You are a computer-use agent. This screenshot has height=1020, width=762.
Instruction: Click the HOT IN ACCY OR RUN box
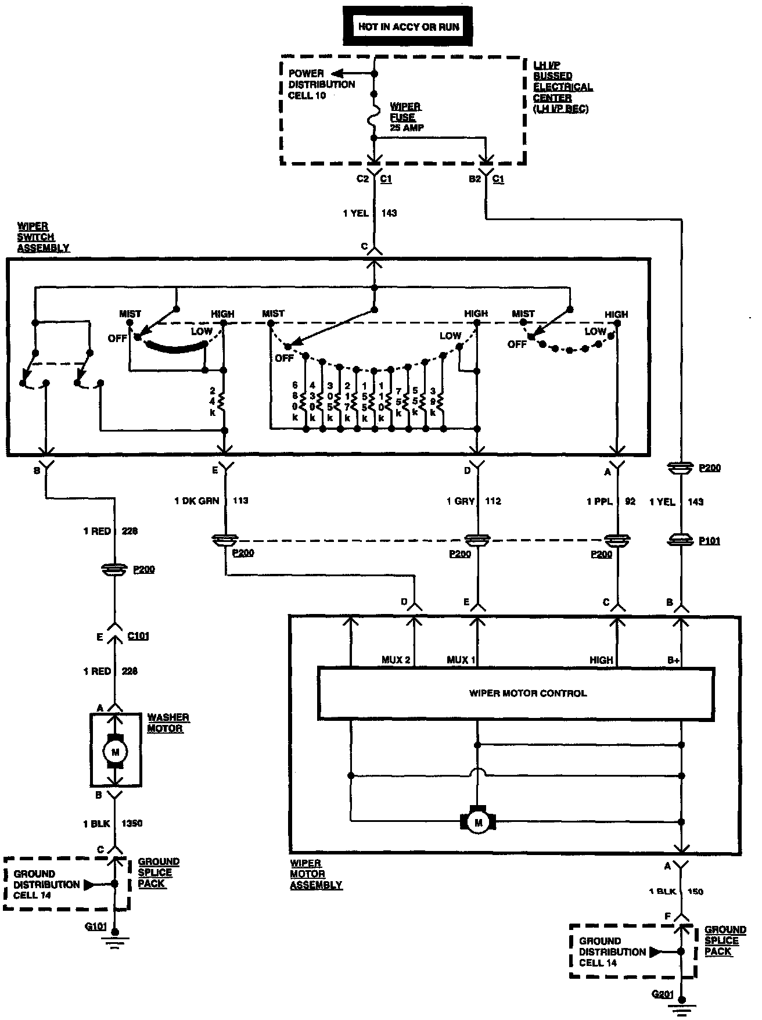pos(408,27)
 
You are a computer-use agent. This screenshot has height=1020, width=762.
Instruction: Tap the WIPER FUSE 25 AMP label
pos(405,117)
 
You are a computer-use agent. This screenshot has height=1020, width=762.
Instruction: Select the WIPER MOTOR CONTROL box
pos(527,693)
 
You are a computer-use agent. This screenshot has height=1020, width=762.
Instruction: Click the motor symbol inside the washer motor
pos(115,752)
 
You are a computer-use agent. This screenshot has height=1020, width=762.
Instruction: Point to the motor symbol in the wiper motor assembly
pos(479,822)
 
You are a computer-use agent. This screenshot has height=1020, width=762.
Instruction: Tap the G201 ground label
pos(663,994)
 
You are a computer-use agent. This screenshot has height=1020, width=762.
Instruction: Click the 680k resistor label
pos(295,401)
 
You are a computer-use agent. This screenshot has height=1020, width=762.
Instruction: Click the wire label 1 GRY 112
pos(473,501)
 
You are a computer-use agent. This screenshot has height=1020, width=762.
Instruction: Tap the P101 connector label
pos(710,541)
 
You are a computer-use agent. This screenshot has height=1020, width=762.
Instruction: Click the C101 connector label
pos(138,636)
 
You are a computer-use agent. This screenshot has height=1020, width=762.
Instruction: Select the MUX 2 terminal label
pos(396,660)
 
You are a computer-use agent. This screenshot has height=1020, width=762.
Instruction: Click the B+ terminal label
pos(673,660)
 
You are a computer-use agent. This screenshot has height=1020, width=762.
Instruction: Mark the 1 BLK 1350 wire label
pos(112,823)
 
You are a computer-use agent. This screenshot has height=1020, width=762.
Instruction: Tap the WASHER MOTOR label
pos(168,723)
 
